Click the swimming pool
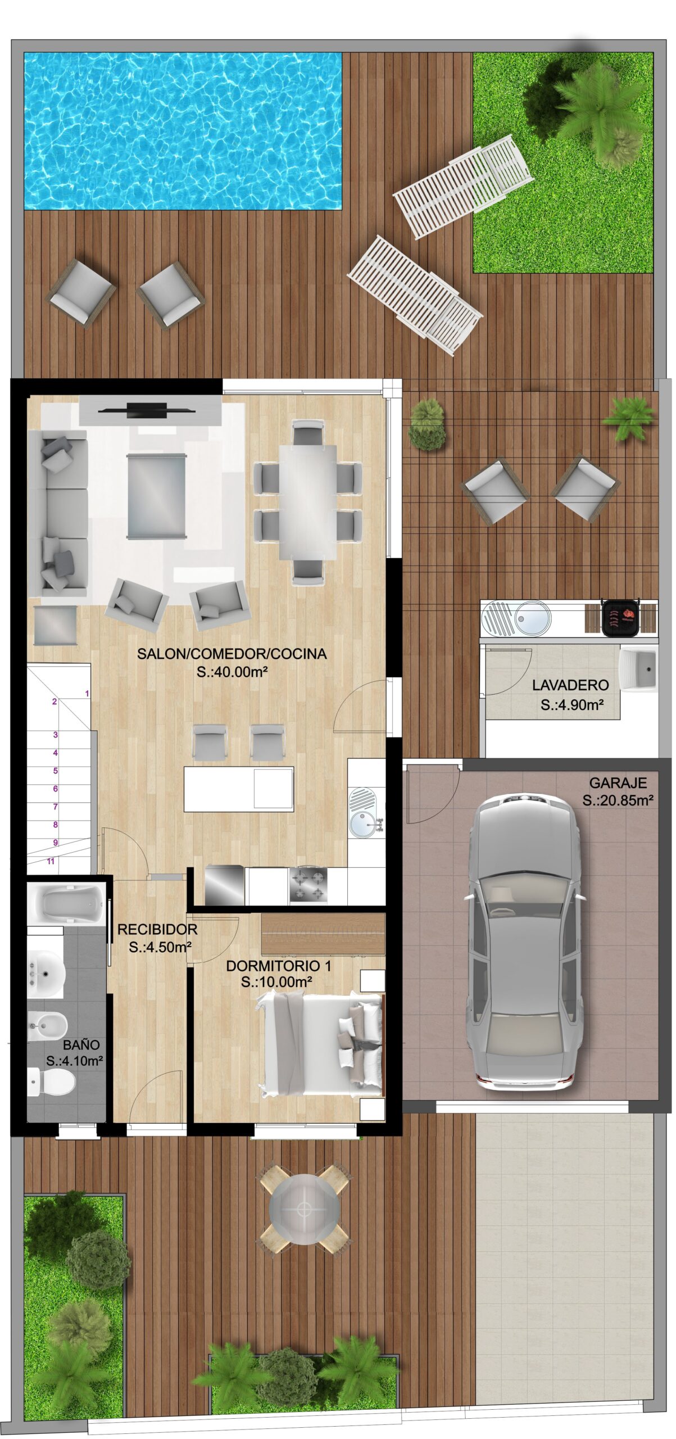pyautogui.click(x=183, y=131)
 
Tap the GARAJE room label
pyautogui.click(x=618, y=782)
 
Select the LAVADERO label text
pyautogui.click(x=570, y=685)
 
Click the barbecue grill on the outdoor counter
pyautogui.click(x=620, y=617)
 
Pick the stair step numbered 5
pyautogui.click(x=56, y=771)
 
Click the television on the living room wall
pyautogui.click(x=147, y=410)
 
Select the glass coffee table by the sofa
pyautogui.click(x=156, y=496)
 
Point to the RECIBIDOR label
pyautogui.click(x=157, y=930)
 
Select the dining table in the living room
pyautogui.click(x=308, y=502)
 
